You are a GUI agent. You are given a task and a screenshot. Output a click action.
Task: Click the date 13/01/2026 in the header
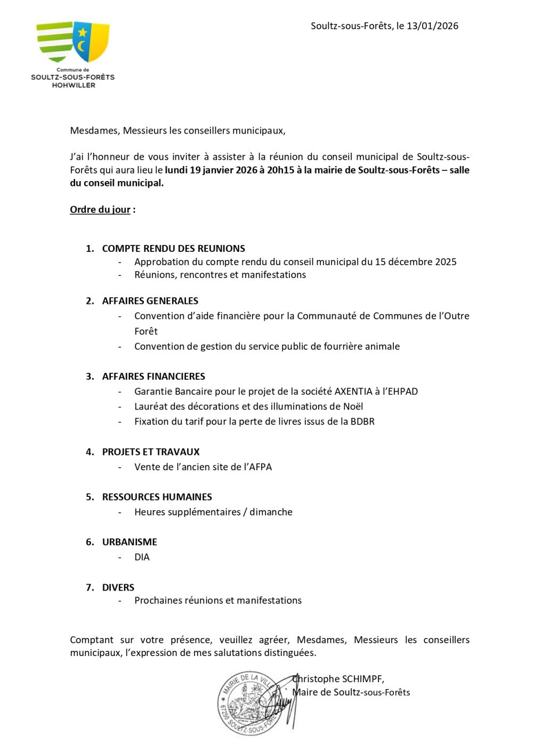[x=432, y=26]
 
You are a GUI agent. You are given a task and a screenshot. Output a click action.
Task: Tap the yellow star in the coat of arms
[x=83, y=32]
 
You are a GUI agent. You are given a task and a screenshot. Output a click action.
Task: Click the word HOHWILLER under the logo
[x=74, y=85]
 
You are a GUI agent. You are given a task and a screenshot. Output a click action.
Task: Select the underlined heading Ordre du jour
[x=100, y=209]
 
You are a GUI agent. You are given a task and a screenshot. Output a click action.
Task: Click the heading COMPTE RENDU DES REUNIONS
[x=174, y=248]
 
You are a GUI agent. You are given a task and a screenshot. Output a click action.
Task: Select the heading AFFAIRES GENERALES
[x=150, y=301]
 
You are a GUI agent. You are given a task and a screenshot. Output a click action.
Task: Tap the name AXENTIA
[x=353, y=391]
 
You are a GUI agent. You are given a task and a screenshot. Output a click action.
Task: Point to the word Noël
[x=352, y=406]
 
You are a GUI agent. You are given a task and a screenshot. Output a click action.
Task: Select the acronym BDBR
[x=362, y=421]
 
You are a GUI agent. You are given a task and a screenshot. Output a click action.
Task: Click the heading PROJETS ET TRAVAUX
[x=151, y=452]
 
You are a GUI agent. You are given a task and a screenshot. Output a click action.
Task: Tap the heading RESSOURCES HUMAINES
[x=157, y=497]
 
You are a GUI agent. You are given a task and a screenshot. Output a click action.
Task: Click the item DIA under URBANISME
[x=142, y=557]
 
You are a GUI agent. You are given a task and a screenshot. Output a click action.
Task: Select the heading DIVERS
[x=118, y=587]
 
